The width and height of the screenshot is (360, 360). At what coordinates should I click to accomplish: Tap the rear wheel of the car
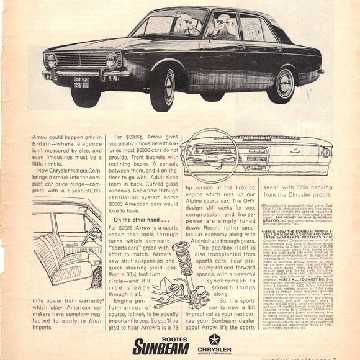(285, 84)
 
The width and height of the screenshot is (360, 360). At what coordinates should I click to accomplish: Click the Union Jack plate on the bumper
(81, 81)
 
